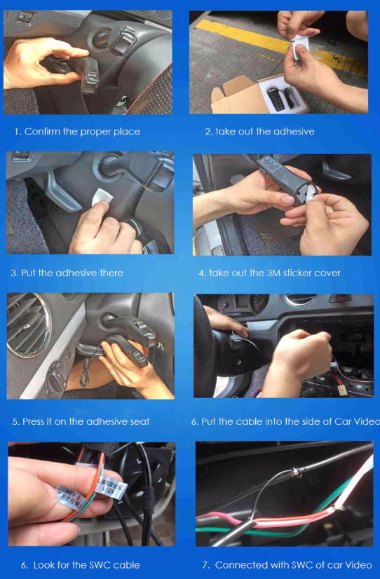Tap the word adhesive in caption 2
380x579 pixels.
pyautogui.click(x=294, y=132)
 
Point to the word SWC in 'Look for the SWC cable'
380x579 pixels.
pyautogui.click(x=100, y=565)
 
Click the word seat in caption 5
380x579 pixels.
pyautogui.click(x=140, y=422)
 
